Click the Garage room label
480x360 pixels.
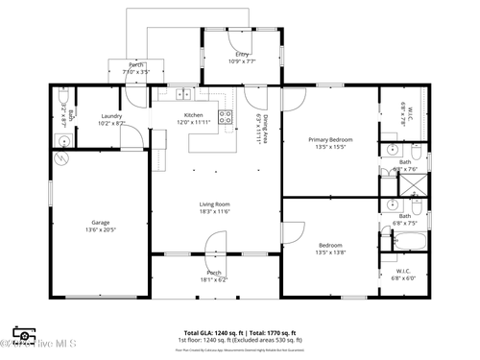pos(99,223)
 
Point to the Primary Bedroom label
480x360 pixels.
pos(329,140)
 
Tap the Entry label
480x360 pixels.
pos(242,54)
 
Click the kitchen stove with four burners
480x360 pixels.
pos(227,117)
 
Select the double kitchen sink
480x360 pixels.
pos(182,94)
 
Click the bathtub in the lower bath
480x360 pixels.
pos(414,242)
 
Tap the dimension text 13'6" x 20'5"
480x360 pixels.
pos(100,230)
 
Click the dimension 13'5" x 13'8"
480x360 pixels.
pos(331,253)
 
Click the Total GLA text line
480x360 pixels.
pos(239,332)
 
